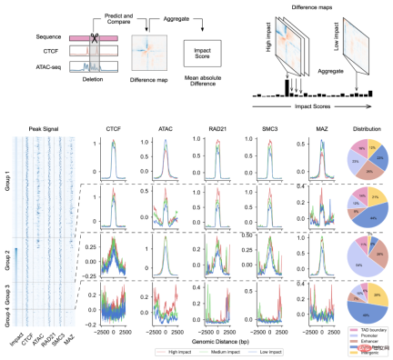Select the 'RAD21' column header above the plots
(206, 129)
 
